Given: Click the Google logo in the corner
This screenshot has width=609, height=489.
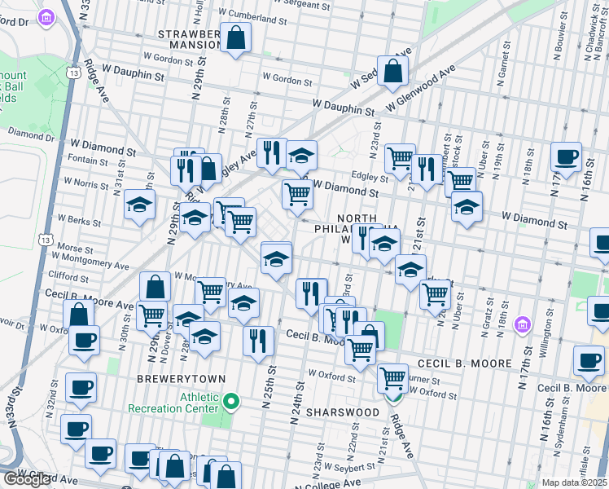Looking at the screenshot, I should click(27, 479).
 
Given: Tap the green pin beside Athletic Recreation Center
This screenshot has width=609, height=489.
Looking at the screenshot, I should click(232, 401).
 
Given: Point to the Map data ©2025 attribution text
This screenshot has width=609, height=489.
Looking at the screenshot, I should click(575, 482).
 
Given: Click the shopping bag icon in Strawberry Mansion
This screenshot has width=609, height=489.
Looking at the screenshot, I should click(235, 37).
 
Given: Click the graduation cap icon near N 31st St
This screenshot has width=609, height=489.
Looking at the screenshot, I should click(140, 205).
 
